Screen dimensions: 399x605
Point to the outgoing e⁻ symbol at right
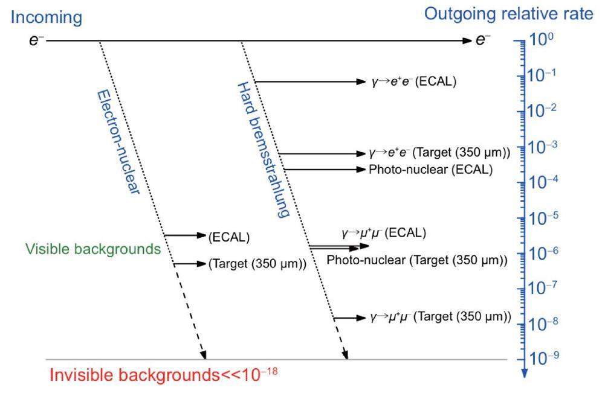[x=483, y=40]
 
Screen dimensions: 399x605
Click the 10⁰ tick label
[x=542, y=40]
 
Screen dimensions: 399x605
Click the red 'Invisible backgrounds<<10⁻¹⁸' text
[x=163, y=375]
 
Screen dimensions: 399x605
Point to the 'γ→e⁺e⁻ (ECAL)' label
[x=413, y=81]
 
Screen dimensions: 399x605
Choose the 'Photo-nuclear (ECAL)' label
[x=430, y=170]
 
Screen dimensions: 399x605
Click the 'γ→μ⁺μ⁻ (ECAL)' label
[x=384, y=233]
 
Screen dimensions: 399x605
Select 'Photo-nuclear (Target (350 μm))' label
[x=416, y=260]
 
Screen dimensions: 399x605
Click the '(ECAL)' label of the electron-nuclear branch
[x=228, y=237]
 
